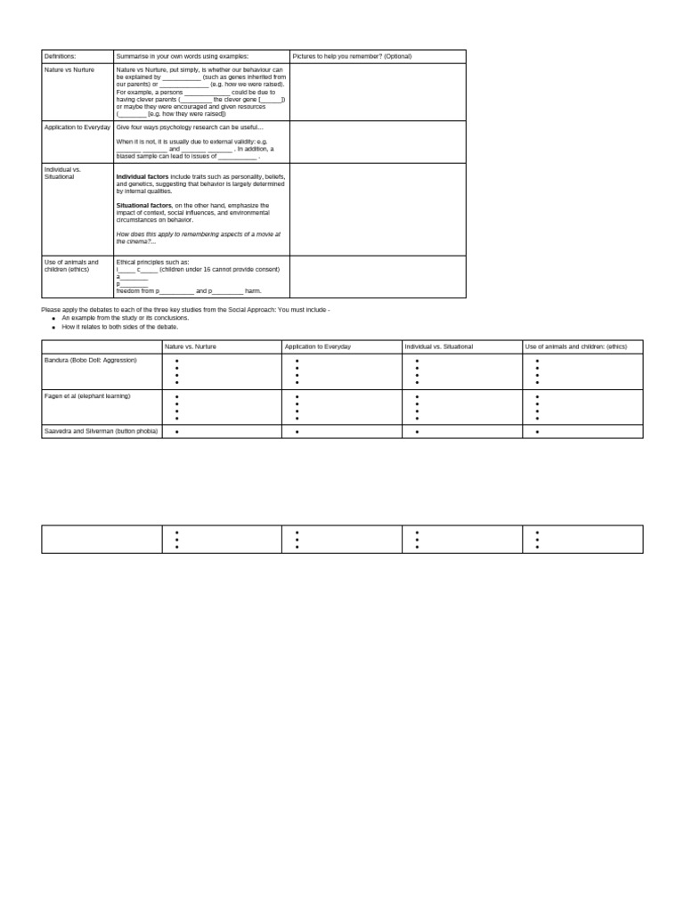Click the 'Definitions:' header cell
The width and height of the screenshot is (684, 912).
[x=61, y=56]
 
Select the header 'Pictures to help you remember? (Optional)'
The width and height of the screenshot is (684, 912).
[x=352, y=56]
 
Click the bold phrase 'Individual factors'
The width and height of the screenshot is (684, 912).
[x=142, y=177]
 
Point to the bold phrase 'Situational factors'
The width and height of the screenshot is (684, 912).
[x=143, y=205]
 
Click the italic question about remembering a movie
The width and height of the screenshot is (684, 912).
[x=198, y=237]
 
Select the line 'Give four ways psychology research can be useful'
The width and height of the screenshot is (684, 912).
[x=190, y=127]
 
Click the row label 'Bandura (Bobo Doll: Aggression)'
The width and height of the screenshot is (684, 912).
[x=91, y=360]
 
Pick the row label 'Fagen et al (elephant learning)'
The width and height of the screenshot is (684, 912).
[x=87, y=395]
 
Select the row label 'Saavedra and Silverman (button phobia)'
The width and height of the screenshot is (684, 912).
[x=101, y=431]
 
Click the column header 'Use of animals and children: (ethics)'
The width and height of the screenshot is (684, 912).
[x=575, y=346]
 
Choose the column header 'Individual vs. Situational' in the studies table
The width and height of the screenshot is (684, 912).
[x=438, y=346]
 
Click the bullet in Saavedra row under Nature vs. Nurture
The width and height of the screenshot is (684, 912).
[x=177, y=432]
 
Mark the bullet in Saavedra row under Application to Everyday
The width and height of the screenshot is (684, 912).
[x=297, y=432]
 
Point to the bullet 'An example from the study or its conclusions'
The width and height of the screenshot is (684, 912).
[x=125, y=318]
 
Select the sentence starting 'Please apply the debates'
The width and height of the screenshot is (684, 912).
[x=185, y=309]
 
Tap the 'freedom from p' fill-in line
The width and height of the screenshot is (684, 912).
[x=189, y=291]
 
